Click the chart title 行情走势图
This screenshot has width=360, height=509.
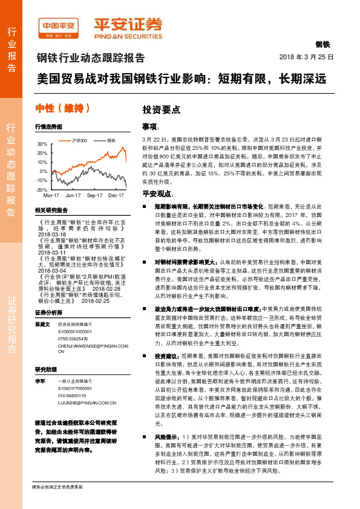click(48, 128)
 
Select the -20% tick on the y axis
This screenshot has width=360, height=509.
click(42, 190)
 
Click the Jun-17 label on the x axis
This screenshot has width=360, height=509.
click(73, 195)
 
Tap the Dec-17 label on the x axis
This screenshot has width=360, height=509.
click(116, 195)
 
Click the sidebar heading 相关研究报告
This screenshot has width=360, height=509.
click(51, 209)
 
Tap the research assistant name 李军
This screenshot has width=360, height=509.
click(39, 382)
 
